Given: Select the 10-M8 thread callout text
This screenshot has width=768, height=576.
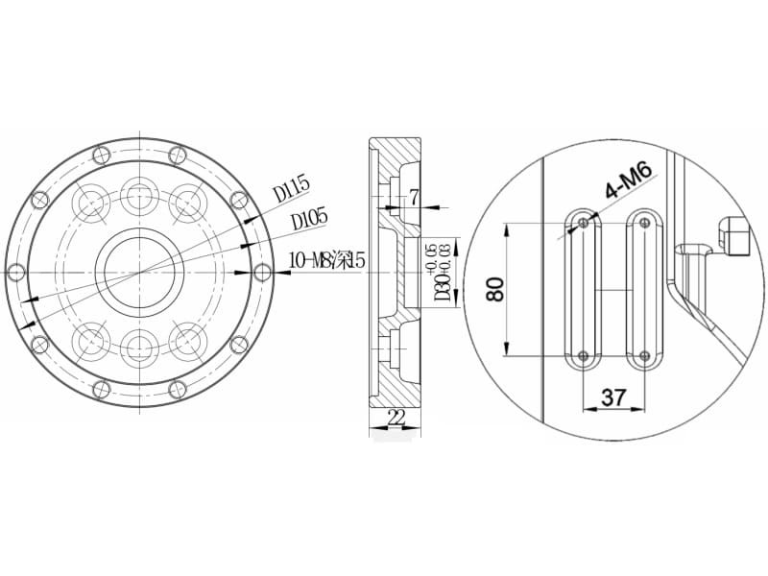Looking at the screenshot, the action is tap(327, 259).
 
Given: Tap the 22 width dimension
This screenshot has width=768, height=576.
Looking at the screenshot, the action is tap(396, 418).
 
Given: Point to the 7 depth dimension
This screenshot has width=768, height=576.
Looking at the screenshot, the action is tap(415, 198).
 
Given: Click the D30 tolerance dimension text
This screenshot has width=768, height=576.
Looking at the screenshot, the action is tap(440, 273).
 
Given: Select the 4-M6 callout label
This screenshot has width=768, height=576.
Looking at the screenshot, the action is tap(629, 181).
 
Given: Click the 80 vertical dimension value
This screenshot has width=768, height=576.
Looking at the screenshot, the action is tap(495, 289).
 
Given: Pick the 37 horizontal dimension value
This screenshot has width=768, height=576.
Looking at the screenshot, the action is tap(613, 397).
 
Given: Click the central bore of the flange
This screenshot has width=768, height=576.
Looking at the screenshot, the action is tap(140, 273).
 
